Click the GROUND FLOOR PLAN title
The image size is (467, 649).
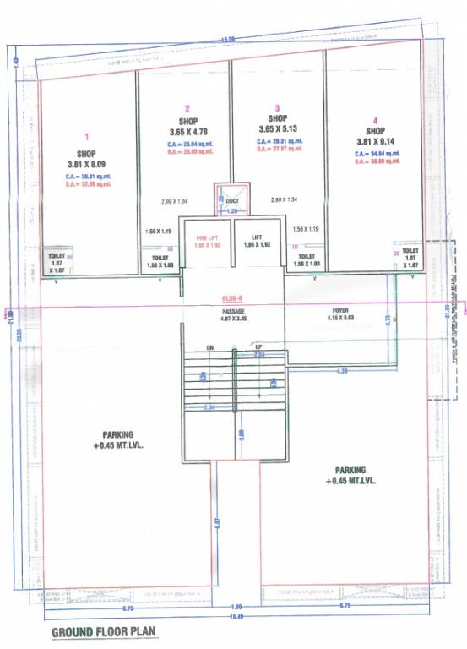coord(104,632)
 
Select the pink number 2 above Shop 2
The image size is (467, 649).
coord(187,108)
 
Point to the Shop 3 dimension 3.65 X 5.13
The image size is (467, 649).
coord(274,129)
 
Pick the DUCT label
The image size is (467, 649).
coord(232,200)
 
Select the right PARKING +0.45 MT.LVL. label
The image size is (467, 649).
coord(350,475)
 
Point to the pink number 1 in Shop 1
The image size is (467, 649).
coord(86,135)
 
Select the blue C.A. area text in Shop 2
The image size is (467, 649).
coord(190,145)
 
